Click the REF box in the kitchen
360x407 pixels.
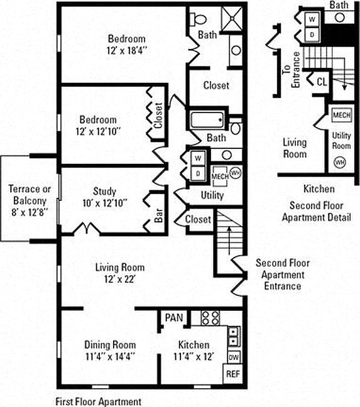(x=233, y=374)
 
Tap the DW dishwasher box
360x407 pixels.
(x=234, y=357)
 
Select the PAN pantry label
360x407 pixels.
(x=174, y=317)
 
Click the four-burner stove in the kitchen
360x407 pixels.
(x=210, y=318)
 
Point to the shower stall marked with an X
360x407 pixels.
(x=232, y=19)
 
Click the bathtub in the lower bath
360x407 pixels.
(x=207, y=120)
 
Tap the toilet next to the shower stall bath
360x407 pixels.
(x=198, y=19)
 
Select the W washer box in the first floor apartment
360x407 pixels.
(x=198, y=158)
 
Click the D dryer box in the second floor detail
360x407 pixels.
(x=312, y=35)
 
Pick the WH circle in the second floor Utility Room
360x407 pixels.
(x=340, y=163)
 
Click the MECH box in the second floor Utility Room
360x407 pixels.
(x=342, y=115)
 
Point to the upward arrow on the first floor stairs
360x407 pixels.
(x=229, y=241)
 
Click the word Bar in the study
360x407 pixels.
(x=158, y=215)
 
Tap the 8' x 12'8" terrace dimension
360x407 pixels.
(x=30, y=212)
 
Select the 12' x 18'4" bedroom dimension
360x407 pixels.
(x=127, y=50)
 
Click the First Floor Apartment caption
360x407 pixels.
(x=99, y=401)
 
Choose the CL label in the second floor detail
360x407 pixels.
(x=322, y=82)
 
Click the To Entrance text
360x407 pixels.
(x=292, y=70)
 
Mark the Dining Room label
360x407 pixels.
(x=110, y=345)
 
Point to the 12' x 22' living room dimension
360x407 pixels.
(x=120, y=279)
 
